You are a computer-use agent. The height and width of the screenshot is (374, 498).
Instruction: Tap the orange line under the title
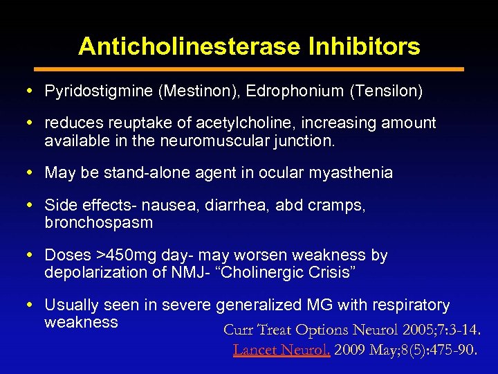249,69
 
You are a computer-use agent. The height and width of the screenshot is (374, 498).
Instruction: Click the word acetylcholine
257,123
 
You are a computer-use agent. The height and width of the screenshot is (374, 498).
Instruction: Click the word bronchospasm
99,223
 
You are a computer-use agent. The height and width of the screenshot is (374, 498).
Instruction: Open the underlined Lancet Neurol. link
281,350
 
